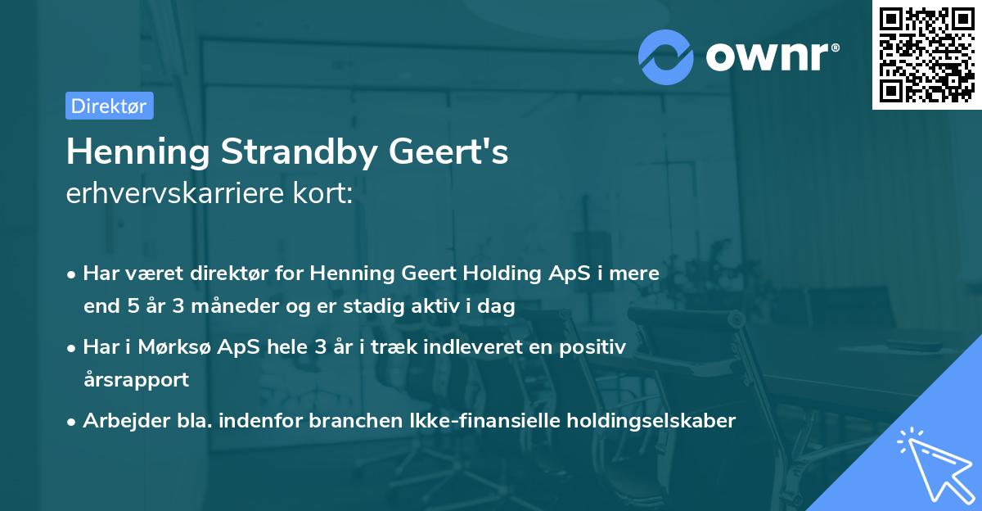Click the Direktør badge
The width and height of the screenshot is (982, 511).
point(109,106)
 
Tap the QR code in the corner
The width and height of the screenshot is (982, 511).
point(926,54)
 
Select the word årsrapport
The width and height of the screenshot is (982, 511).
point(136,379)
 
